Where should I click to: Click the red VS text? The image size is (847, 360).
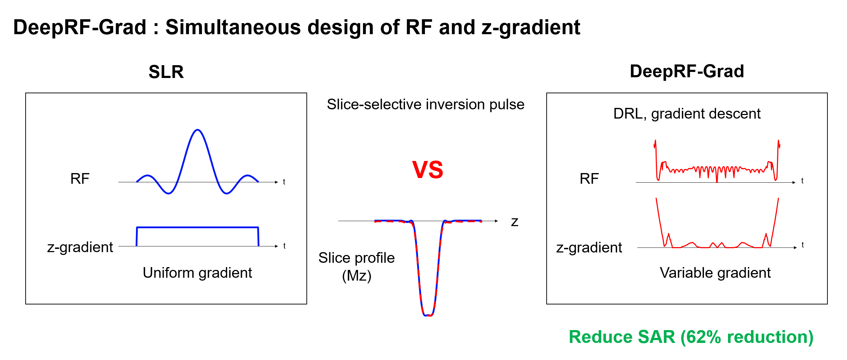(x=427, y=170)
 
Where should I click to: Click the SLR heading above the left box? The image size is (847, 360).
(x=166, y=72)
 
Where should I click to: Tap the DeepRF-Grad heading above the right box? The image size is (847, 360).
(x=686, y=71)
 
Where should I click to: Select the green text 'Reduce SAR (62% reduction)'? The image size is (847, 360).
(x=691, y=337)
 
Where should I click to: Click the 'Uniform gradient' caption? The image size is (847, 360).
(x=197, y=273)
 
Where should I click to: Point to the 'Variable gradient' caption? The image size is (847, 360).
(x=715, y=273)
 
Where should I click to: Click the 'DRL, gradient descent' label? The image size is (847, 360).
(x=686, y=114)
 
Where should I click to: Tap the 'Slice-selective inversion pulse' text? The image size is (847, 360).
(x=425, y=104)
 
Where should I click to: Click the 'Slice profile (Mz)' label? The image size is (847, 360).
(x=357, y=266)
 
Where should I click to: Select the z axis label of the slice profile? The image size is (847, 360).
(x=514, y=222)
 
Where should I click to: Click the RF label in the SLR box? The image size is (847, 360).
(x=80, y=179)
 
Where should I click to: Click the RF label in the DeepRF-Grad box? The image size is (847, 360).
(x=589, y=179)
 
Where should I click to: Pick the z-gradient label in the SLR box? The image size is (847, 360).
(x=80, y=247)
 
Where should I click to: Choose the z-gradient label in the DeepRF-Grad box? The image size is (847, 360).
(x=589, y=247)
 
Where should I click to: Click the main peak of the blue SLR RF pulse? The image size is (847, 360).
(x=198, y=130)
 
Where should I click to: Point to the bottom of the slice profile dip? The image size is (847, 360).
(x=428, y=315)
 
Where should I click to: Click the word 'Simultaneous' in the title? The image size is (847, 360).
(x=233, y=27)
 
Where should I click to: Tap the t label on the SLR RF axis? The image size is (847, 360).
(x=284, y=182)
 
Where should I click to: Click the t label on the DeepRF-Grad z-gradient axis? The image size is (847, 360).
(x=803, y=245)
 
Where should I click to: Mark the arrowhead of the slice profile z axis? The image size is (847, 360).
(x=496, y=221)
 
